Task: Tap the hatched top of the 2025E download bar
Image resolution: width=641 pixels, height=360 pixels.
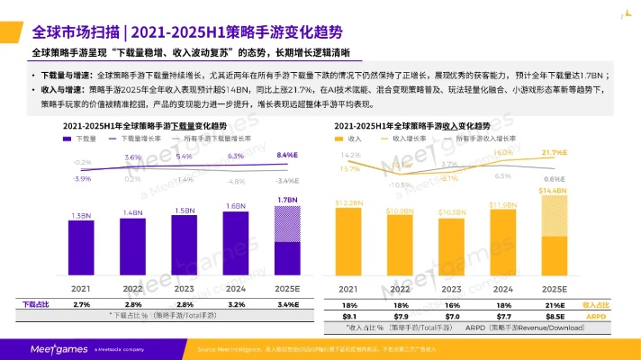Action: [286, 226]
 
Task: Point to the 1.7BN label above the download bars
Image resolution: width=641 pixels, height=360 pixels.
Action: [286, 200]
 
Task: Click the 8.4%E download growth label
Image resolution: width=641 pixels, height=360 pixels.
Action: [286, 155]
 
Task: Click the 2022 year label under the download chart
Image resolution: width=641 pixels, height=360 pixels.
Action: [133, 290]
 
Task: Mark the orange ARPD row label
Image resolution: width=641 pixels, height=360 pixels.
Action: [595, 316]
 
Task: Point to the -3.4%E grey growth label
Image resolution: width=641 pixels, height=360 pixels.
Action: [286, 181]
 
